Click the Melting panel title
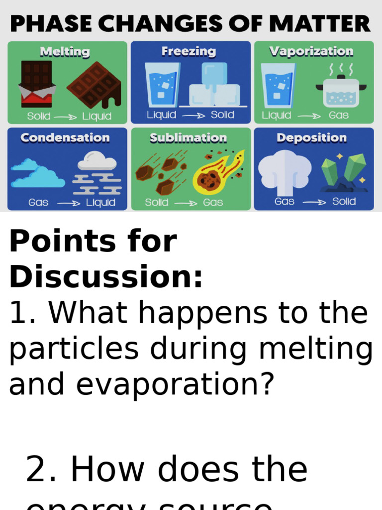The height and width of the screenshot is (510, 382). coord(65,52)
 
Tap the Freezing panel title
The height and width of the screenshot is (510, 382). coord(189,51)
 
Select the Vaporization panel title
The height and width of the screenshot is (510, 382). coord(311,51)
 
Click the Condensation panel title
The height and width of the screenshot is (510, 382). coord(65,138)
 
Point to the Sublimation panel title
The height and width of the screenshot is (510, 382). coord(189,138)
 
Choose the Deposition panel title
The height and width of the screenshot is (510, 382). coord(312,138)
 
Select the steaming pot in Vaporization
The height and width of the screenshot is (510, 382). coord(341,89)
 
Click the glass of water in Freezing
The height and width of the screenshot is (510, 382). coord(162,85)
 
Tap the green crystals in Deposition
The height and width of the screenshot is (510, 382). coord(344,172)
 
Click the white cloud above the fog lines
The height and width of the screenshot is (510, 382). coord(97,161)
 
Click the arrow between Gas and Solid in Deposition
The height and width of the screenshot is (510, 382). coord(313,202)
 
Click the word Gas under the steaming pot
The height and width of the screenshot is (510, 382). coord(339,116)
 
